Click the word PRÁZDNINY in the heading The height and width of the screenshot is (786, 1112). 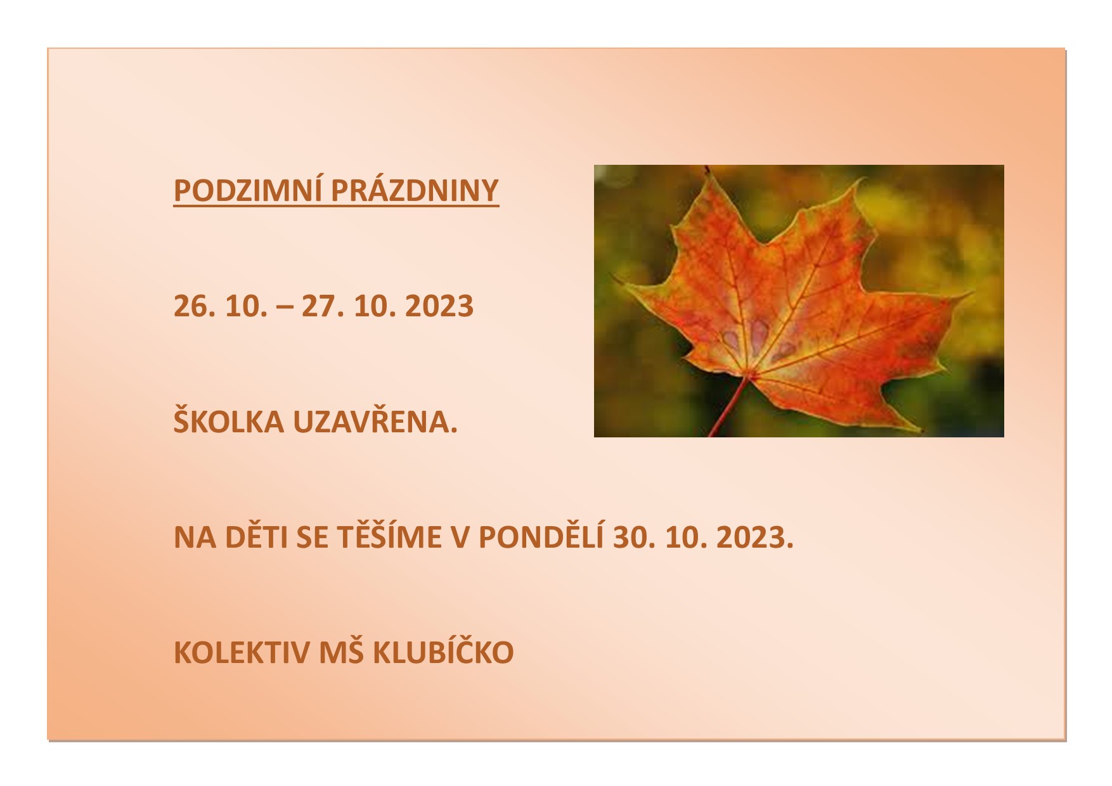415,190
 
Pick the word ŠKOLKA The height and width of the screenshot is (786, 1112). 229,421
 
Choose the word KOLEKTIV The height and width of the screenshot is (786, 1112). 242,653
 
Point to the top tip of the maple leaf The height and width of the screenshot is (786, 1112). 705,168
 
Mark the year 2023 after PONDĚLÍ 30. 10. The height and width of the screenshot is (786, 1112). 755,538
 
